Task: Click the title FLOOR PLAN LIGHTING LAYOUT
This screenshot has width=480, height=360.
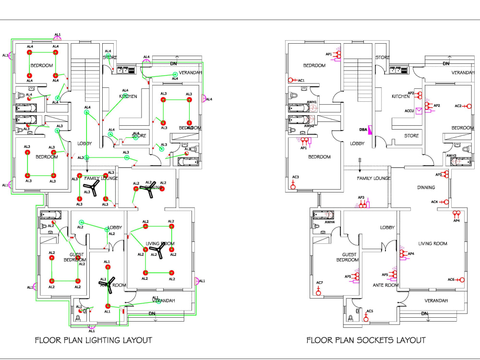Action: [94, 340]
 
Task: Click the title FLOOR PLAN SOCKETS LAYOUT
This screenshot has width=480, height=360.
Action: [366, 340]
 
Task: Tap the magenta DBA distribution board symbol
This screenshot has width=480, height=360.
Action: [371, 130]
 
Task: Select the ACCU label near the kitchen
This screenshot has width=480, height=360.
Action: [409, 111]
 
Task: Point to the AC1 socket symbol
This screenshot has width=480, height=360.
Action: [291, 80]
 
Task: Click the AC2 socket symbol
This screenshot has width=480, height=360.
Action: [468, 106]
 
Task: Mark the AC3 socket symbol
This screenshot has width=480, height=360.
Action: [293, 186]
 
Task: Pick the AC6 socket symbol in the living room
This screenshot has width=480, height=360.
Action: [461, 279]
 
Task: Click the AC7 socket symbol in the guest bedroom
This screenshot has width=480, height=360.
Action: [318, 291]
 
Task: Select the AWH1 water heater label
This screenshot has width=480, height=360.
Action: [312, 102]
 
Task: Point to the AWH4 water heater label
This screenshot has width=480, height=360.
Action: [329, 222]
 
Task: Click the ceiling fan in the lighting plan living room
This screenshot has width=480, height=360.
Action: [156, 249]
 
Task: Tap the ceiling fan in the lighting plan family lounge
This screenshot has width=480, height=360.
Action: [94, 189]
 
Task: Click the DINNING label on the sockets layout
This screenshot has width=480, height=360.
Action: [426, 188]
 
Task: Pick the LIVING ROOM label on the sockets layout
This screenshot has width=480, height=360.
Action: [433, 243]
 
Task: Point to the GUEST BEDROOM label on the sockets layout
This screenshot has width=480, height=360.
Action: [347, 257]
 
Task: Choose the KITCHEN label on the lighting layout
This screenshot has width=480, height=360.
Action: [128, 96]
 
